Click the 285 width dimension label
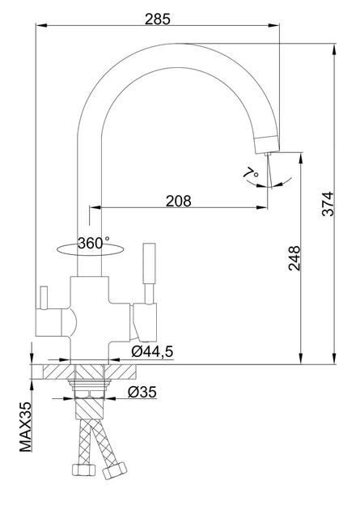(x=158, y=19)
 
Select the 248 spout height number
(x=294, y=258)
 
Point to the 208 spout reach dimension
(x=178, y=201)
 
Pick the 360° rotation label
(x=94, y=243)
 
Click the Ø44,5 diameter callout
(x=152, y=351)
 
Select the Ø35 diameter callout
(x=142, y=392)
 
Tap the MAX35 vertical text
(x=25, y=427)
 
